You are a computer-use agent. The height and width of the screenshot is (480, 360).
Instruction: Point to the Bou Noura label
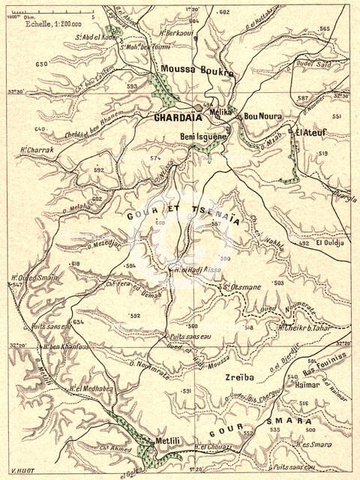click(262, 117)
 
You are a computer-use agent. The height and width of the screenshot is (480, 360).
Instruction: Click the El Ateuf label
click(308, 133)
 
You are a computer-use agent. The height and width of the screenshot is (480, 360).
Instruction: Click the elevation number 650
click(40, 65)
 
